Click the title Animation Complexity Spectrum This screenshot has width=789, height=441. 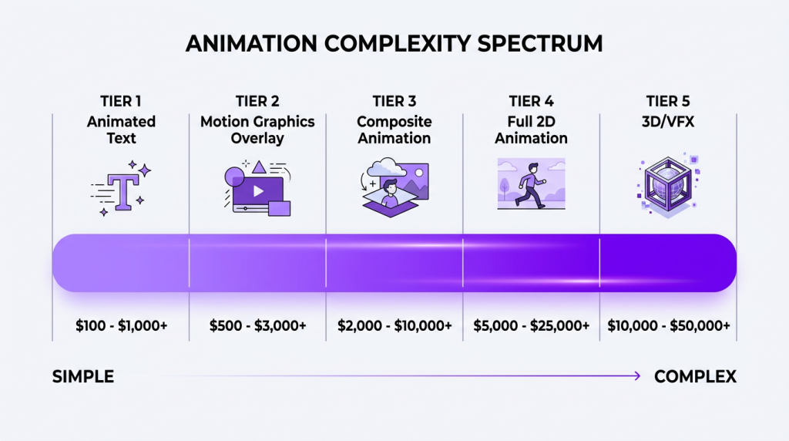[x=394, y=43]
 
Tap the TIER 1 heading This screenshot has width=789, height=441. [x=121, y=102]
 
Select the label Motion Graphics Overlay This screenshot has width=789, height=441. [x=257, y=130]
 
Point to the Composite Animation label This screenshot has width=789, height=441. [x=394, y=130]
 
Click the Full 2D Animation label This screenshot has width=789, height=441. [x=531, y=130]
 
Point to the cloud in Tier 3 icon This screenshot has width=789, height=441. [x=383, y=167]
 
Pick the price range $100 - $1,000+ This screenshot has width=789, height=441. [x=122, y=326]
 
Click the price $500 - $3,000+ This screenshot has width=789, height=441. [x=258, y=326]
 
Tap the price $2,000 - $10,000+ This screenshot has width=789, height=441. [x=394, y=326]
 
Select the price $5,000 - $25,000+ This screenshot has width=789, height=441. [x=531, y=326]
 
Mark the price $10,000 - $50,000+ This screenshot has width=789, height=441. [x=668, y=326]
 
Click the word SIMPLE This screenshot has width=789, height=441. [x=83, y=377]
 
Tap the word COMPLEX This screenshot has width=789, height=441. [x=695, y=377]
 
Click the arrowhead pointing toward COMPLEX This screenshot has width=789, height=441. [x=636, y=376]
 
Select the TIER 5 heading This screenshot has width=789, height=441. [x=667, y=102]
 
